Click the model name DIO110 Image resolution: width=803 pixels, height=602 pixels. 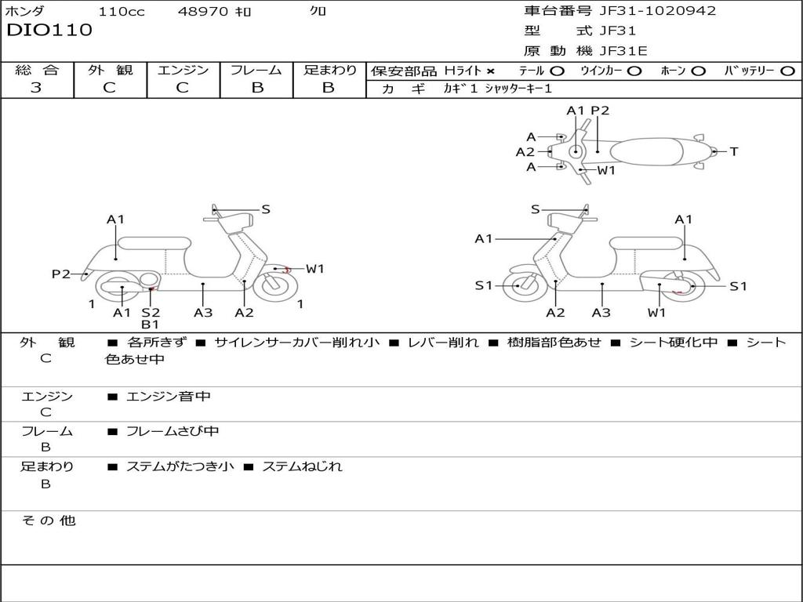[49, 31]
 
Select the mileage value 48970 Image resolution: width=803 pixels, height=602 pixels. [204, 12]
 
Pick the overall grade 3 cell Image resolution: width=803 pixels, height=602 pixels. [36, 88]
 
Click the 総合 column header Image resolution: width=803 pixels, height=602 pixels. [37, 71]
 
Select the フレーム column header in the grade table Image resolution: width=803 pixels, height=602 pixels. [256, 71]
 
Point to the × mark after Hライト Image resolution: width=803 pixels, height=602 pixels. [490, 71]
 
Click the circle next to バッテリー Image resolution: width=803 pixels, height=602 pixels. [787, 71]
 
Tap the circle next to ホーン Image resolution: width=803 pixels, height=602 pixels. [699, 71]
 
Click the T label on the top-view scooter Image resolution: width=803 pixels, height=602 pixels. [734, 151]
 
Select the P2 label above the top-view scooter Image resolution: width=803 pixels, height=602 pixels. [600, 111]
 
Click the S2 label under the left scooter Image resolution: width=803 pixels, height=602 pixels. [151, 313]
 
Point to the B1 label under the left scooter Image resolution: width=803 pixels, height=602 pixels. [151, 325]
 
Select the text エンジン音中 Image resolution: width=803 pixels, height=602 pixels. [169, 397]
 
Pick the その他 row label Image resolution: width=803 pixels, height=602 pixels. [48, 520]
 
